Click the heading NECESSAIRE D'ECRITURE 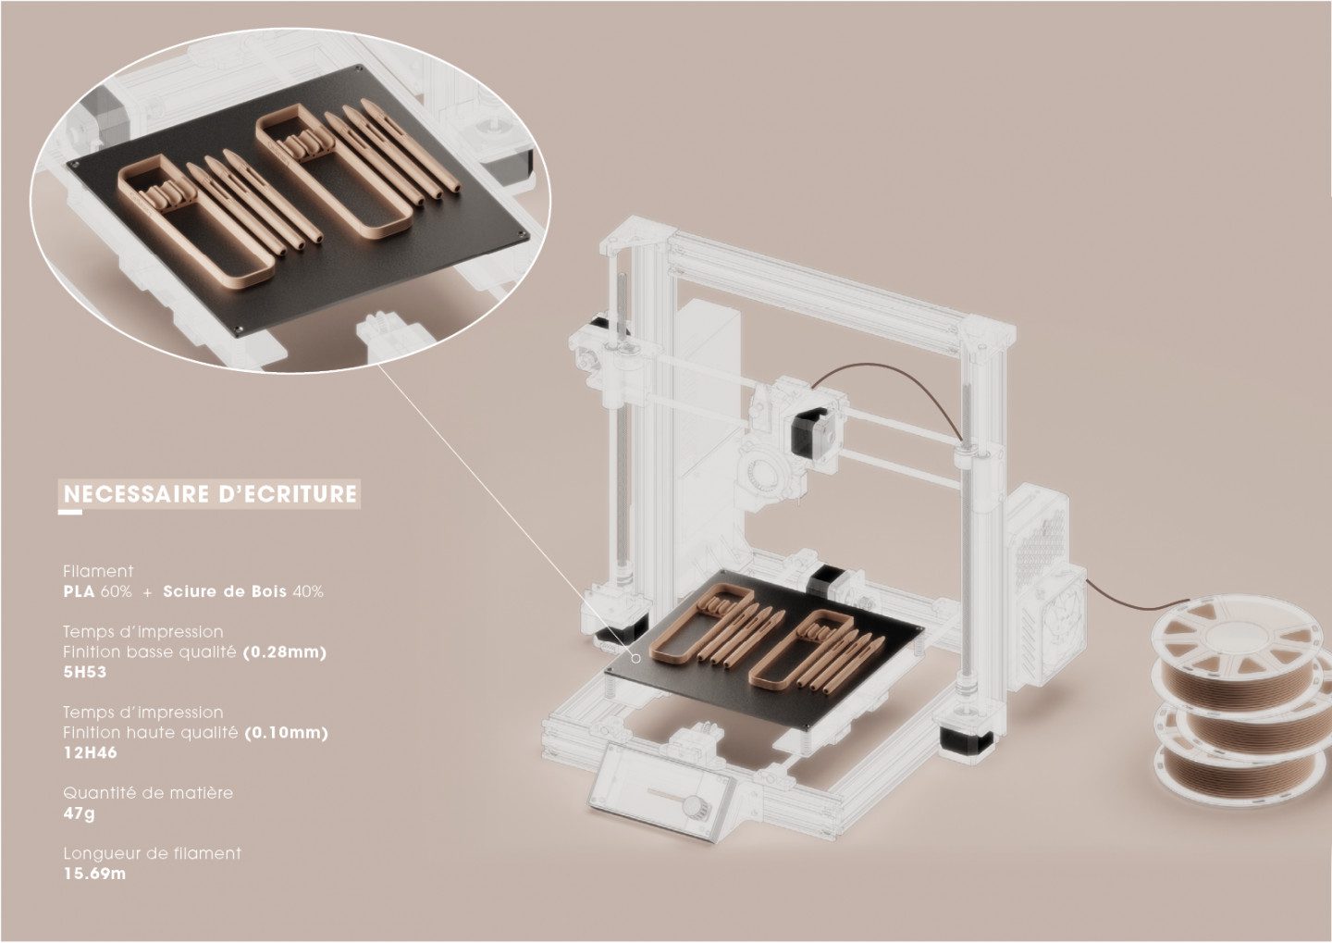click(x=211, y=494)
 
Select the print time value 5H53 click(x=85, y=672)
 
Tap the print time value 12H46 click(x=91, y=752)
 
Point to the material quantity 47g click(x=80, y=813)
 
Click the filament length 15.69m click(x=94, y=874)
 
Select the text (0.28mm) click(x=285, y=652)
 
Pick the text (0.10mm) click(x=287, y=732)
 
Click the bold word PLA click(x=80, y=592)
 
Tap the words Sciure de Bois click(x=225, y=592)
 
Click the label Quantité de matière click(x=148, y=793)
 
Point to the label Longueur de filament click(x=153, y=854)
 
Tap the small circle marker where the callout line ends click(x=635, y=659)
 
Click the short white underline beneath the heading click(x=70, y=511)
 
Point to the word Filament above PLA click(x=98, y=571)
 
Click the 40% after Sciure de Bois click(x=307, y=592)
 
